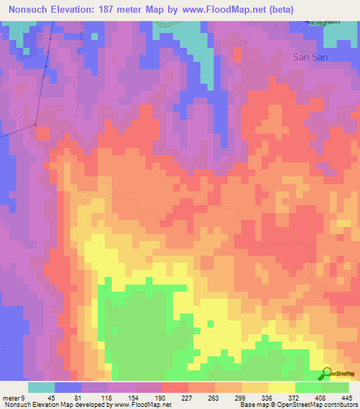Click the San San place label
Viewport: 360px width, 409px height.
point(307,58)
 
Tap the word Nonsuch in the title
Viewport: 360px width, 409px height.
point(27,9)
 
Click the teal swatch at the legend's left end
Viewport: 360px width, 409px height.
point(41,387)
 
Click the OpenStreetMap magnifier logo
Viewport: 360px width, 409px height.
point(326,374)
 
